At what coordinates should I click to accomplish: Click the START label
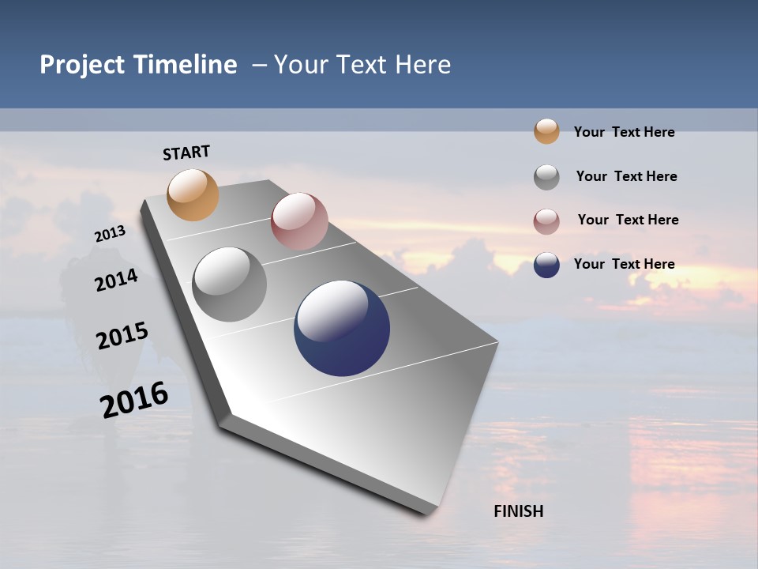186,153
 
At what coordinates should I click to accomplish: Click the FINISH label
518,511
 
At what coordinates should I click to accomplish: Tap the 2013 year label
110,234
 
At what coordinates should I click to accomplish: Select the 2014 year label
116,280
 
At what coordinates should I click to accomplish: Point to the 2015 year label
122,336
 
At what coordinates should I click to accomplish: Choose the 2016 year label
134,399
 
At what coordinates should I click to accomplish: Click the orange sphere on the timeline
193,194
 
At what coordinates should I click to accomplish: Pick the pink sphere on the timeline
299,221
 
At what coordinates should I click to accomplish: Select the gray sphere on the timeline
229,284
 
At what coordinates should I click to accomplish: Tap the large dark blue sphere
342,328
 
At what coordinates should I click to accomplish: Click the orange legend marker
546,131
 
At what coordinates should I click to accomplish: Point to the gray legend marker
546,177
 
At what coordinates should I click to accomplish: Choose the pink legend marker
546,221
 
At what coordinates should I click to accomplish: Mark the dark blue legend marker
546,265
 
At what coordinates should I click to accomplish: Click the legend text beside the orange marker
624,132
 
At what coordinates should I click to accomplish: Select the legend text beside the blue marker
624,264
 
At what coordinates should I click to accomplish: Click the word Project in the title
82,65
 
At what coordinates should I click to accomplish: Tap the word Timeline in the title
185,65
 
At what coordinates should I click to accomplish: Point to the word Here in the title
422,65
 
